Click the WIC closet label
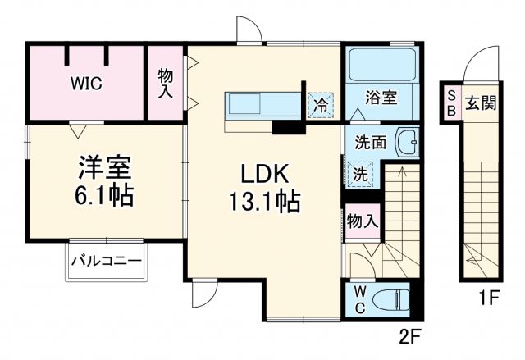pos(85,83)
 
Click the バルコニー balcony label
pos(105,261)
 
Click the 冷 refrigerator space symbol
pos(322,104)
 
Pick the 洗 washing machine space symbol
pos(360,174)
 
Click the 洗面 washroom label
pos(371,141)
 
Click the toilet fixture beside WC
pos(394,299)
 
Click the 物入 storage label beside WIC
pos(166,83)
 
